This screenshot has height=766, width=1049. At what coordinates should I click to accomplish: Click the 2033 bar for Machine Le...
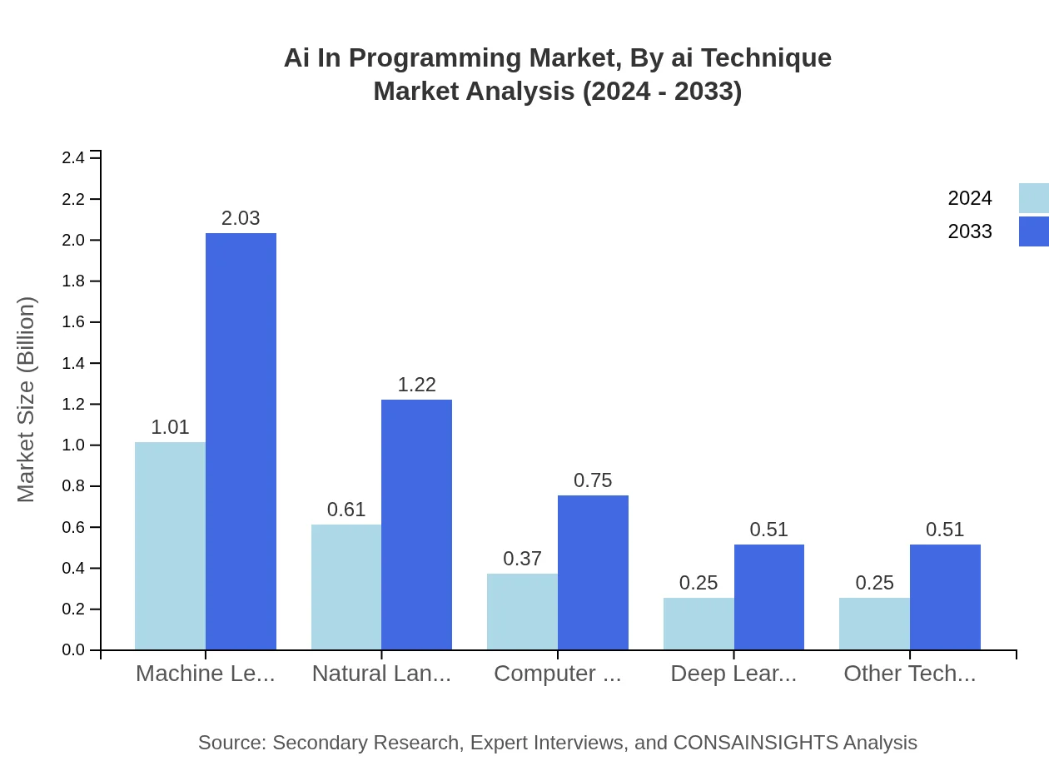coord(241,441)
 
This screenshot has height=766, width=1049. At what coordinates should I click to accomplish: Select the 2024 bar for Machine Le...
coord(170,545)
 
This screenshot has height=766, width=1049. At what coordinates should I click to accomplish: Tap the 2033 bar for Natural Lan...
coord(416,525)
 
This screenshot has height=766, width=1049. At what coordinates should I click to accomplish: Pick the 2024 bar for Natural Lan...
coord(346,587)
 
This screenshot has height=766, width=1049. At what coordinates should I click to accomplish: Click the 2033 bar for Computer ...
coord(593,572)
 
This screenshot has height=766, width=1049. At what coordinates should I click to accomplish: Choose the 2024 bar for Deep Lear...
coord(699,624)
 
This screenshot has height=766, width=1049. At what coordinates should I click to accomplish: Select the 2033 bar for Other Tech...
coord(945,597)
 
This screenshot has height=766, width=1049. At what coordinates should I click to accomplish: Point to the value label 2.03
coord(241,218)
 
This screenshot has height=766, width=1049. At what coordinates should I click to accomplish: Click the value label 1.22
coord(416,385)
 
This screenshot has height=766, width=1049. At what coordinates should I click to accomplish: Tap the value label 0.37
coord(523,559)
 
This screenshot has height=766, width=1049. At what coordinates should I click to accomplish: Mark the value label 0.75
coord(593,480)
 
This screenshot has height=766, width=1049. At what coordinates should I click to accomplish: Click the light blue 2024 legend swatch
coord(1033,198)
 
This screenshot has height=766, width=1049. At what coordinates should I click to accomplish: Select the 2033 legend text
coord(970,231)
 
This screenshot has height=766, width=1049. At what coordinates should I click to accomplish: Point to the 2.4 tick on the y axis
coord(73,158)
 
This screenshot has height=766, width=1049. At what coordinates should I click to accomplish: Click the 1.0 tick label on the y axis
coord(73,445)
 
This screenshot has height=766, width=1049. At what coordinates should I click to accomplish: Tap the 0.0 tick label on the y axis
coord(73,650)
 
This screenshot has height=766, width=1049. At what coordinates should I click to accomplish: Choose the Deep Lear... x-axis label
coord(733,674)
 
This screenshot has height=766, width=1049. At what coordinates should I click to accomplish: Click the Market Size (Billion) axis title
coord(27,400)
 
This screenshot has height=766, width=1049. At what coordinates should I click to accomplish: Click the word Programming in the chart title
coord(437,58)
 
